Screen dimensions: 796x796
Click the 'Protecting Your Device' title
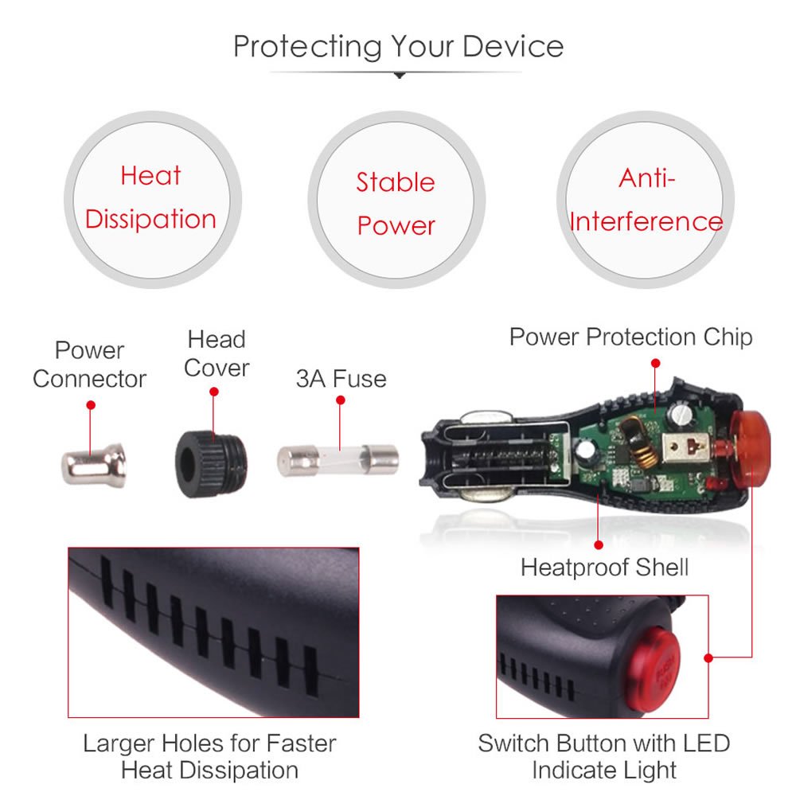(x=399, y=47)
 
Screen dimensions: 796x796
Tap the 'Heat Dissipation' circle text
(x=150, y=197)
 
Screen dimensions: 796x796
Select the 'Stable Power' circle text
(x=396, y=204)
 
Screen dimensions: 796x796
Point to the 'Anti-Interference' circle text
(x=646, y=200)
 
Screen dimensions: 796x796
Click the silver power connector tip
(x=94, y=466)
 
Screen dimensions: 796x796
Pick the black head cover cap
(x=211, y=464)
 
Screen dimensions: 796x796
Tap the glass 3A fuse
(x=338, y=460)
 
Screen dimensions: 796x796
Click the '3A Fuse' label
(x=341, y=379)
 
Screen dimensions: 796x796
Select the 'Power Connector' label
(x=89, y=365)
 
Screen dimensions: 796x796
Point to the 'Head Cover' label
(x=217, y=353)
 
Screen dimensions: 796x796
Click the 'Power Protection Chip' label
(x=631, y=337)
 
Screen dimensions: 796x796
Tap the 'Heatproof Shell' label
(x=605, y=567)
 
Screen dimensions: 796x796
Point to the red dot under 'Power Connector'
(x=91, y=405)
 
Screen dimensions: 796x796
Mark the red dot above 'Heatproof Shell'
(x=599, y=544)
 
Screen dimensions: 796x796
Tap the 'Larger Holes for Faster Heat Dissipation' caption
(x=209, y=756)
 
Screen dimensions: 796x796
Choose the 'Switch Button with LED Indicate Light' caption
(x=604, y=756)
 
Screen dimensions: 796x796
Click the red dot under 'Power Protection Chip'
(x=655, y=364)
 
